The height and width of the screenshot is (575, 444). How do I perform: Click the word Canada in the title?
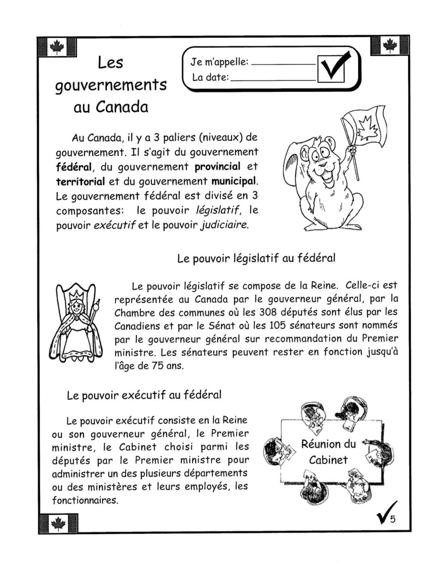122,107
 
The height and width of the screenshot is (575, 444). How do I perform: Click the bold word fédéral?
73,167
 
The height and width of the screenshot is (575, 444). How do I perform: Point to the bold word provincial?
217,167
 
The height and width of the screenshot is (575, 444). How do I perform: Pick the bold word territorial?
80,182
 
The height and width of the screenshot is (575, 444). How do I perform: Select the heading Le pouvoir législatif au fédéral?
256,258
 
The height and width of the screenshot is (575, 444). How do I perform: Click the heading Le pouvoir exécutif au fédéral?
144,395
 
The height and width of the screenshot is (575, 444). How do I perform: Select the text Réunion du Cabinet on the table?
328,452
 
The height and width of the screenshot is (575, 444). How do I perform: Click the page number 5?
393,519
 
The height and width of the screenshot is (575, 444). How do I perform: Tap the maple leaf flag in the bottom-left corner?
58,523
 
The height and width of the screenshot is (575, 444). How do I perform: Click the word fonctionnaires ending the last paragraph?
85,501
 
